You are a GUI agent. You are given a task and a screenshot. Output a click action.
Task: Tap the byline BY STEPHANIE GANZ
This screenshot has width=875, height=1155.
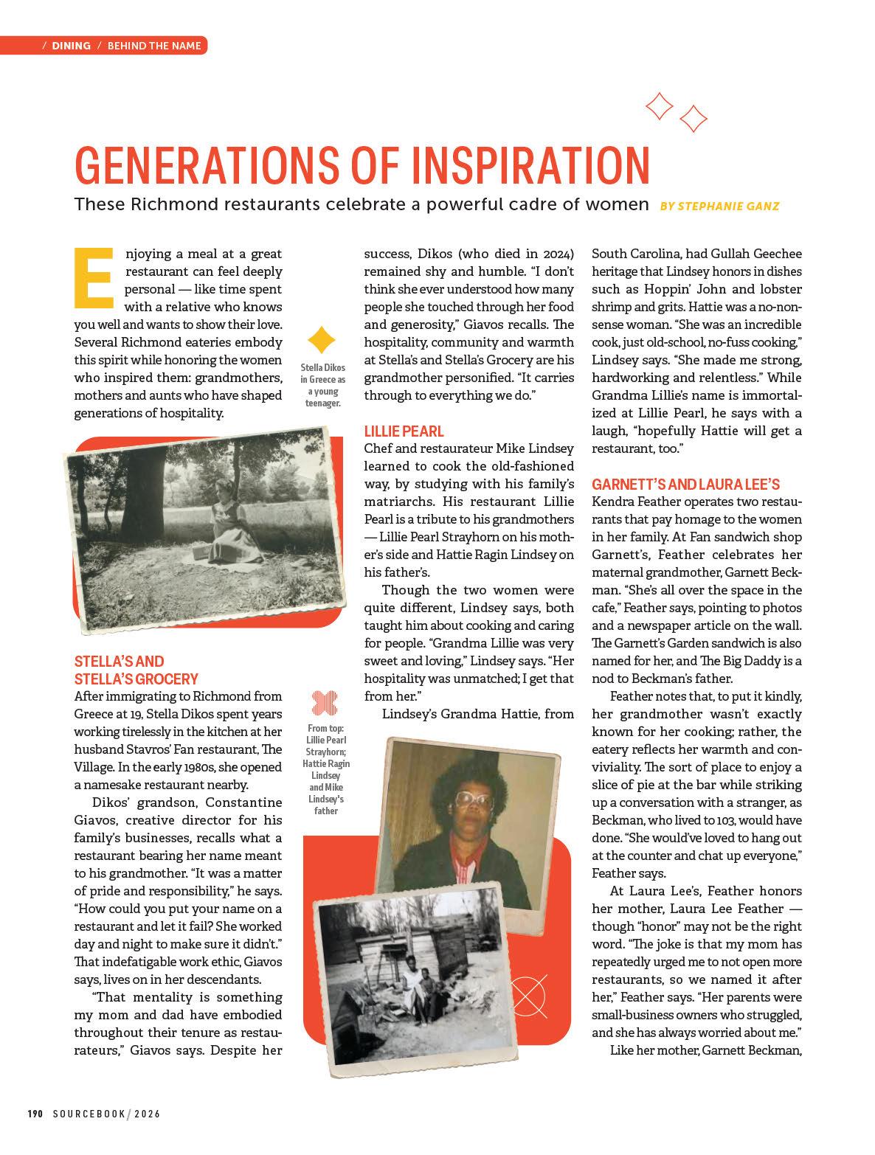point(719,206)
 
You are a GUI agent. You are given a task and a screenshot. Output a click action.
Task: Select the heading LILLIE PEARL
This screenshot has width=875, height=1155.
point(404,431)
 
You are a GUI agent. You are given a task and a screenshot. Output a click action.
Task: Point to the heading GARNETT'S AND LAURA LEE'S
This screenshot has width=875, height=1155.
point(685,485)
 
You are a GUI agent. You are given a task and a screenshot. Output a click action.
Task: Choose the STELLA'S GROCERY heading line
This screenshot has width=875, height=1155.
point(136,679)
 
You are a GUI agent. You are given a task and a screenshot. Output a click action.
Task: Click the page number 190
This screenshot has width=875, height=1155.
point(37,1114)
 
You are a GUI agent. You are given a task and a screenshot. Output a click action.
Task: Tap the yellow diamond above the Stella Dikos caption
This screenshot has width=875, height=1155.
point(322,340)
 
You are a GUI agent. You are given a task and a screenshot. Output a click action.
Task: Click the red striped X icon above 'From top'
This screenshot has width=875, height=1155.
point(325,703)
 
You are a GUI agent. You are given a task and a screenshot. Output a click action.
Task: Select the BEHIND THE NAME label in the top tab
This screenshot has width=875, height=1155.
point(154,46)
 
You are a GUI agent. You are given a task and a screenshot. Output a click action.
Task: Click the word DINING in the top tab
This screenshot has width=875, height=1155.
point(72,46)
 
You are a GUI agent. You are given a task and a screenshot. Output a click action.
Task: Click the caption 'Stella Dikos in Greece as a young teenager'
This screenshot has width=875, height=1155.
point(322,385)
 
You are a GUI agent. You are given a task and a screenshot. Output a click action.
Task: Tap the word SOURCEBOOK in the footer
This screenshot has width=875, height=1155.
point(89,1114)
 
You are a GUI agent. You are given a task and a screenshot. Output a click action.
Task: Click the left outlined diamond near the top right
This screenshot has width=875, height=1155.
point(659,106)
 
